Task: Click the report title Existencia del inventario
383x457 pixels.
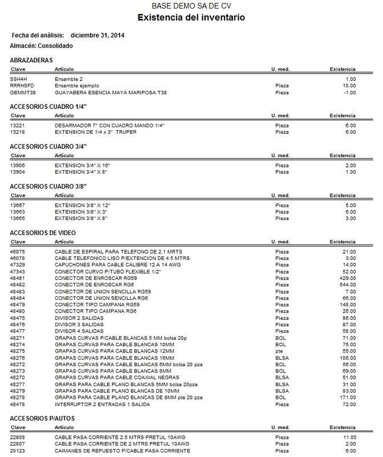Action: point(191,18)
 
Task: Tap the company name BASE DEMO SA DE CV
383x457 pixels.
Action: point(191,6)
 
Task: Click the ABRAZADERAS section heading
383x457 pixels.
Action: point(32,59)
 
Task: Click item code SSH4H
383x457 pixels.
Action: point(19,79)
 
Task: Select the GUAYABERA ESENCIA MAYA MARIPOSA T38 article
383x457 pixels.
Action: point(111,92)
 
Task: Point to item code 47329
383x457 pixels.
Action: point(18,264)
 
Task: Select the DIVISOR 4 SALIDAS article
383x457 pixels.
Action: point(80,330)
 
